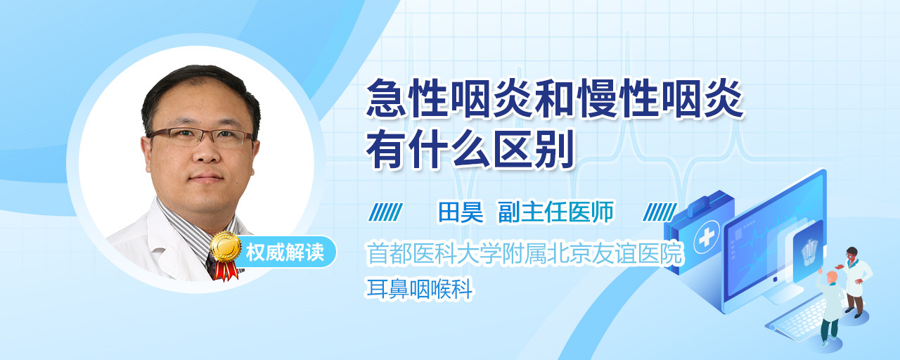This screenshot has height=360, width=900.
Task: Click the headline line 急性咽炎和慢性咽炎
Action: click(x=555, y=99)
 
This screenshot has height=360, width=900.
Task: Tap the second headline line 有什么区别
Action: click(x=470, y=150)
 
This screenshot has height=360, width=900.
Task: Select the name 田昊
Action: click(x=461, y=212)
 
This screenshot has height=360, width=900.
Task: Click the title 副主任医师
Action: click(x=556, y=212)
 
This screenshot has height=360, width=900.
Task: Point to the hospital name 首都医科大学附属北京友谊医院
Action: click(x=525, y=253)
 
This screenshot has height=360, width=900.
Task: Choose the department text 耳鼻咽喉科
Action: click(x=419, y=288)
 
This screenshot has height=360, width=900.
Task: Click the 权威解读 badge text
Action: click(x=285, y=252)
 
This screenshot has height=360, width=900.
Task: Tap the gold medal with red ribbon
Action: click(x=226, y=255)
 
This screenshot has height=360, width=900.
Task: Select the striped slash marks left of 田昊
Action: click(x=385, y=212)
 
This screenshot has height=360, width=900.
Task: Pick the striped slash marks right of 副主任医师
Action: click(x=660, y=212)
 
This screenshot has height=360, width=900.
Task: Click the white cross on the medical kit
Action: click(x=707, y=238)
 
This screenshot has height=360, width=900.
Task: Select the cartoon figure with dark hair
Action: click(x=855, y=281)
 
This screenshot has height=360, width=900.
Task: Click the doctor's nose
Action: click(x=207, y=153)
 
